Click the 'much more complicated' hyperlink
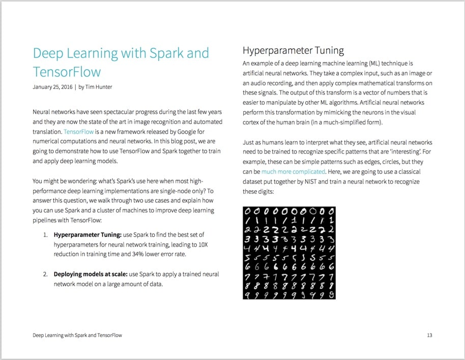point(293,171)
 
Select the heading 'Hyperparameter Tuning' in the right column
point(293,50)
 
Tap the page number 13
point(429,335)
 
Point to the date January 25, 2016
point(52,87)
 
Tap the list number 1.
point(45,234)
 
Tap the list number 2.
point(45,274)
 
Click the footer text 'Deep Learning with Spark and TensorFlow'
point(77,335)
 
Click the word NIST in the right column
point(316,182)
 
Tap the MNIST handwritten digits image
point(289,252)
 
